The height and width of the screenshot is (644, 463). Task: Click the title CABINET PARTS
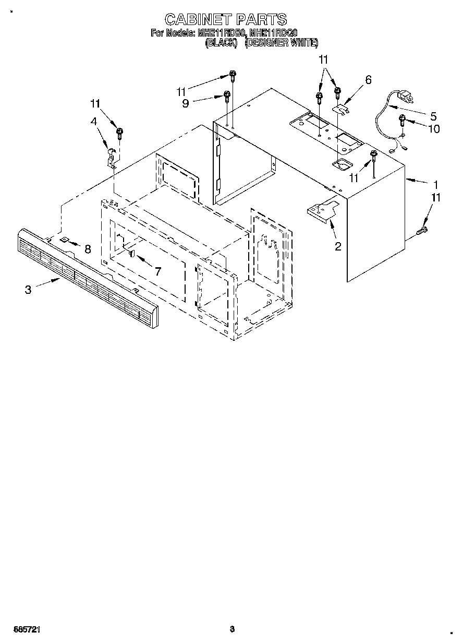[226, 20]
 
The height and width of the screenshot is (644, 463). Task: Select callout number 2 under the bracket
[337, 246]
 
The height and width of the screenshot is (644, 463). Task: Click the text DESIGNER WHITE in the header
[282, 44]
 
